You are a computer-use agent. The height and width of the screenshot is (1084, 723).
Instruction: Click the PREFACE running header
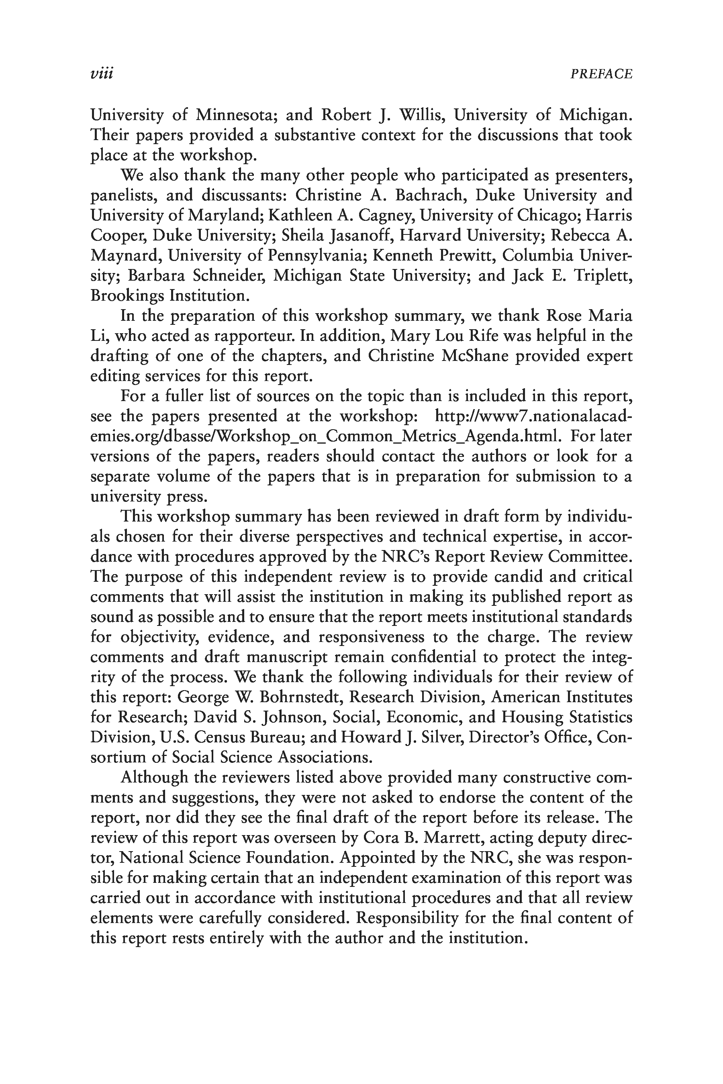(601, 74)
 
